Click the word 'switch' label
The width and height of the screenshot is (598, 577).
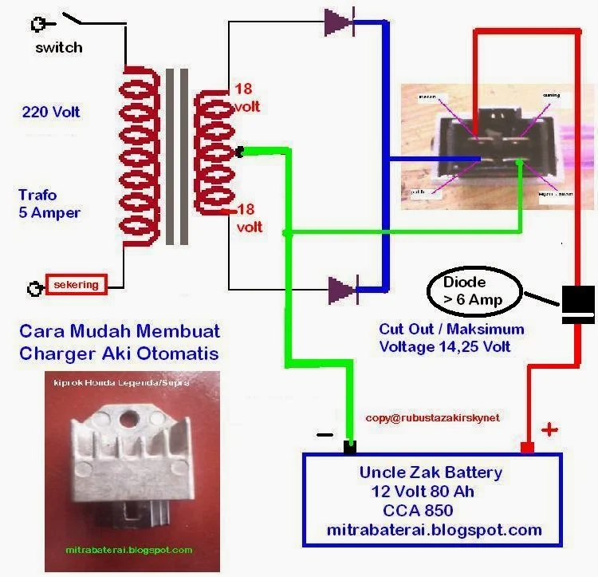point(58,47)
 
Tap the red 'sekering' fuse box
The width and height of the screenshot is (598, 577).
point(77,284)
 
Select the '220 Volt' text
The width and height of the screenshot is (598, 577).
point(51,113)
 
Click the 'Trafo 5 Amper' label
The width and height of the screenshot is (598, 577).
point(49,204)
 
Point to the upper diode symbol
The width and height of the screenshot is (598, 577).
point(341,22)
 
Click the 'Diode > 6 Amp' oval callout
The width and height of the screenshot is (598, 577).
point(475,288)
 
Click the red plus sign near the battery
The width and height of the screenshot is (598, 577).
point(549,430)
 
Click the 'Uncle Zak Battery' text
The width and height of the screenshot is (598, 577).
point(431,472)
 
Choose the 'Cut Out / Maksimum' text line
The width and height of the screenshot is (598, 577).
point(451,330)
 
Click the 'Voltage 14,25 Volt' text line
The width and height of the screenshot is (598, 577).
point(445,347)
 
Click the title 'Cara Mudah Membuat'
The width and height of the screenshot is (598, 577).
point(120,330)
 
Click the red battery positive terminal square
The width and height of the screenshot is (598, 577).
point(526,447)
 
